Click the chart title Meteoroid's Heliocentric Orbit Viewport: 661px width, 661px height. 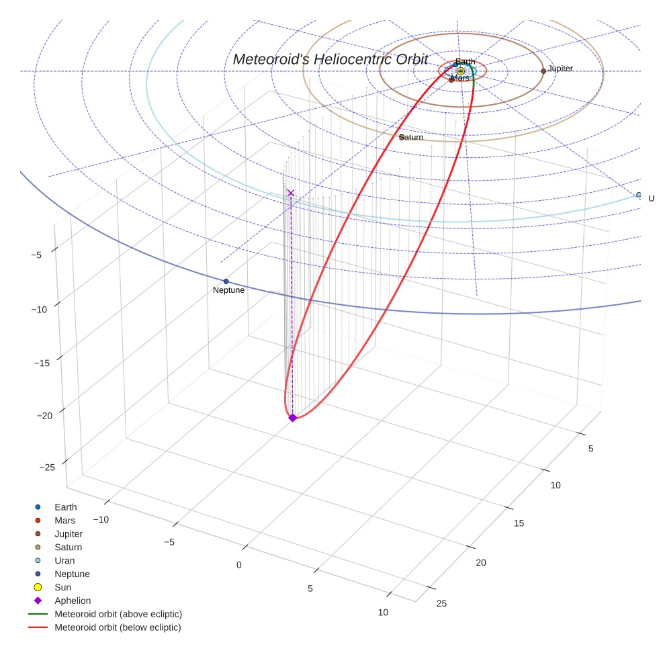click(330, 59)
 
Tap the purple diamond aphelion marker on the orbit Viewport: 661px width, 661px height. click(293, 418)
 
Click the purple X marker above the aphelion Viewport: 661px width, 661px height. click(291, 193)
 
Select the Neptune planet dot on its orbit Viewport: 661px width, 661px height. click(226, 281)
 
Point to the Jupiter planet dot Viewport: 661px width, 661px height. click(543, 71)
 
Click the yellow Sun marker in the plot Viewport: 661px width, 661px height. click(461, 71)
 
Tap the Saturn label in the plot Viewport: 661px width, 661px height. click(411, 138)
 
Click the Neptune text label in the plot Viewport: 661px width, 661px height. click(228, 290)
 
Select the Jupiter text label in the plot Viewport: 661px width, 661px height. click(560, 69)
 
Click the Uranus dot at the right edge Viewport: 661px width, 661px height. click(639, 195)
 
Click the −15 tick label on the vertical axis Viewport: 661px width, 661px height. click(42, 363)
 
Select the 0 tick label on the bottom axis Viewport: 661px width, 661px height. click(239, 566)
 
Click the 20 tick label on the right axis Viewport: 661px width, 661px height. click(481, 563)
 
